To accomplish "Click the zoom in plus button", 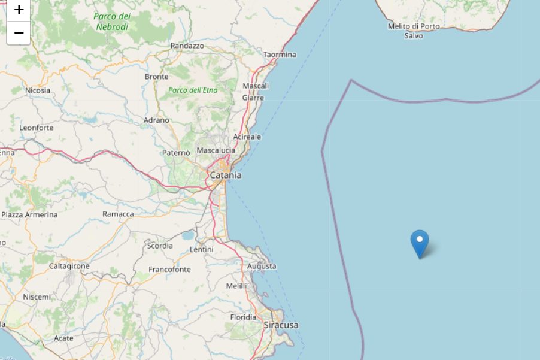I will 19,10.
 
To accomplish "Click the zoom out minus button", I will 19,32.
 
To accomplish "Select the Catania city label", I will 226,176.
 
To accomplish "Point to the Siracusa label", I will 281,325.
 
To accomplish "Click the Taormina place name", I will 280,55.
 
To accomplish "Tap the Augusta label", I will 262,266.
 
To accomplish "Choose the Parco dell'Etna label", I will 193,90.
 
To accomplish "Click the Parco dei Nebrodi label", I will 113,22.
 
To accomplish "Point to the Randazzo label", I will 187,46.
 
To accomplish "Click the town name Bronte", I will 156,77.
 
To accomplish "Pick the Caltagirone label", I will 69,265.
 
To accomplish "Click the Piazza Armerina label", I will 29,214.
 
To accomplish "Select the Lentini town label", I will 201,249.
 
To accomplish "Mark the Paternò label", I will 176,153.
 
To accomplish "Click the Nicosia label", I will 38,90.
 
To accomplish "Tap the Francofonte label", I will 169,270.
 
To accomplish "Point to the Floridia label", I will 243,317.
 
